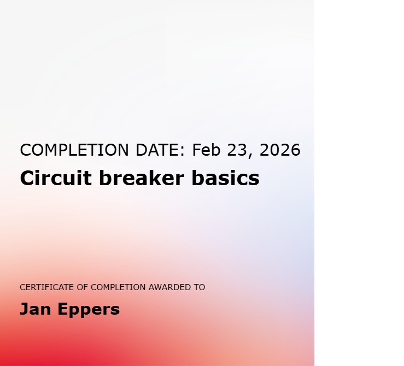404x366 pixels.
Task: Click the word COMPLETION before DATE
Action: coord(74,150)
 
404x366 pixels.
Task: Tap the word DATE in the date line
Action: coord(157,150)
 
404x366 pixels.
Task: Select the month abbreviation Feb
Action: coord(207,150)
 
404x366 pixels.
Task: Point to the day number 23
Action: coord(237,150)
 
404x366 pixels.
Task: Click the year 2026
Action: coord(280,150)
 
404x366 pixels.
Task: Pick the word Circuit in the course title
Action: coord(56,178)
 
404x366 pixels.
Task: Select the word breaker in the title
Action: coord(142,178)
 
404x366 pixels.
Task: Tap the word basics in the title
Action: coord(225,178)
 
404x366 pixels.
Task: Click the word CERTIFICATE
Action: coord(47,287)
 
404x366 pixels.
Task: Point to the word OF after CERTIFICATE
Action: coord(83,287)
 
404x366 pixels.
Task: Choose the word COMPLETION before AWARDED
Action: coord(118,287)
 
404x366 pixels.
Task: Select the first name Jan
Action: coord(36,309)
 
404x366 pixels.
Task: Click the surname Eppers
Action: coord(89,310)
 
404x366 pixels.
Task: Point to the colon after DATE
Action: coord(183,151)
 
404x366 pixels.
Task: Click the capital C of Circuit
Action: coord(27,178)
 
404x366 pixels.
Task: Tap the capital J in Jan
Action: coord(24,309)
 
